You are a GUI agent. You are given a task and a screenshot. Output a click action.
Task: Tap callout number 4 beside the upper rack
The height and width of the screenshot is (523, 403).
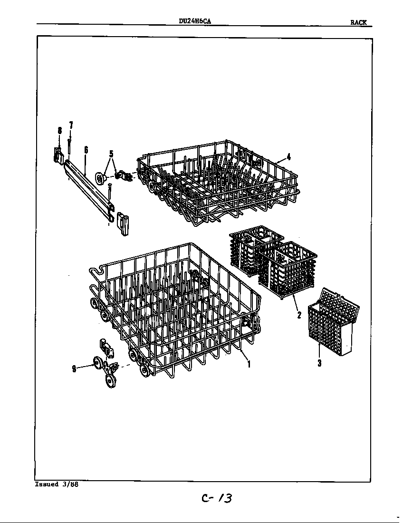289,157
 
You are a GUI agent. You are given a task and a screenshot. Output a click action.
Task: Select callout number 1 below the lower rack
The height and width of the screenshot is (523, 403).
249,365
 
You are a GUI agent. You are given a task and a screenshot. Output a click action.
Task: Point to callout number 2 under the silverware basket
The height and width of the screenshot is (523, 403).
299,315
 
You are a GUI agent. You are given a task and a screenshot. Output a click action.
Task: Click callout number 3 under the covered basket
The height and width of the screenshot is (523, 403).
319,363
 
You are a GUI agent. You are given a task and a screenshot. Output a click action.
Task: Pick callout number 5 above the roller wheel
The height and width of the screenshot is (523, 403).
111,154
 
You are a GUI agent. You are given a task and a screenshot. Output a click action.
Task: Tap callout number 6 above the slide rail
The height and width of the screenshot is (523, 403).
86,150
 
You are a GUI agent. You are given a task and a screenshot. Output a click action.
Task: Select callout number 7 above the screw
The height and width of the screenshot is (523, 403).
71,125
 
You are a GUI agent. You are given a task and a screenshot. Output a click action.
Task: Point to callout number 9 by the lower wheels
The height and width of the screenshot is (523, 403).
74,368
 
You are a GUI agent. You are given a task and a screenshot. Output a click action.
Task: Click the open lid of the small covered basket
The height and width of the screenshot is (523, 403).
340,304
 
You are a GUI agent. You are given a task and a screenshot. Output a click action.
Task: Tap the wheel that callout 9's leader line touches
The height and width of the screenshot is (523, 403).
98,364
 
